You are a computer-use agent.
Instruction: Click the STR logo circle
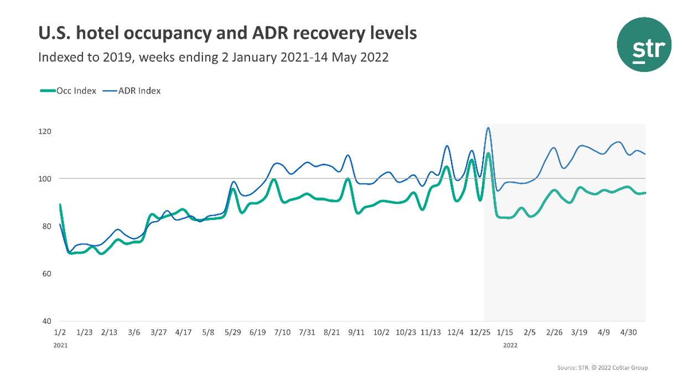tap(644, 44)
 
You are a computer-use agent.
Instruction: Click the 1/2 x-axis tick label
tap(60, 332)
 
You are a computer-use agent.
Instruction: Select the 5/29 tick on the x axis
tap(232, 332)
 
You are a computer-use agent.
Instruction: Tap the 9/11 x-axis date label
tap(356, 332)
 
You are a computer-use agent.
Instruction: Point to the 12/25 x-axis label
tap(479, 332)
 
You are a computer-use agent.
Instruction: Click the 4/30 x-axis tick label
tap(628, 332)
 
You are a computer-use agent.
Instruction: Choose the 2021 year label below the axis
tap(60, 344)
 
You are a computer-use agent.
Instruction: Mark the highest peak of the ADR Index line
tap(488, 128)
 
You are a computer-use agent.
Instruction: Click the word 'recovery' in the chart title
tap(323, 34)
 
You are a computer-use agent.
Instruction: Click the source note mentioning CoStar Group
tap(602, 368)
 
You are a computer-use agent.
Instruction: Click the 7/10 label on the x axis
tap(282, 332)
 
